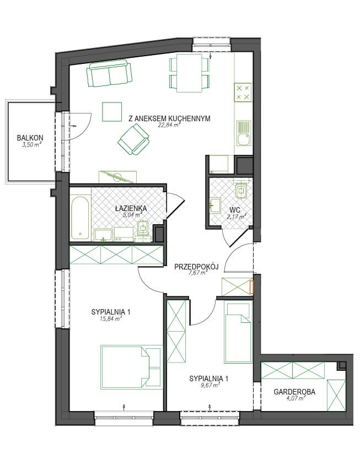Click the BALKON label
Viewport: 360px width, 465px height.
coord(30,138)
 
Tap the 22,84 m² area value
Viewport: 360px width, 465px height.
coord(169,125)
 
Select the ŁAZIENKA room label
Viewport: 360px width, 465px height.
coord(131,208)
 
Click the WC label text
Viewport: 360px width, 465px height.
coord(235,210)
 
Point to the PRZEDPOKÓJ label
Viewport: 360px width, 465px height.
coord(196,267)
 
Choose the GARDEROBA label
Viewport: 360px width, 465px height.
coord(294,392)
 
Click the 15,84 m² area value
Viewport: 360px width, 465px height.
coord(110,319)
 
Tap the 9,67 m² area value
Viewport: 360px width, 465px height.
coord(209,385)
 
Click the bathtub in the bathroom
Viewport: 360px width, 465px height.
coord(80,218)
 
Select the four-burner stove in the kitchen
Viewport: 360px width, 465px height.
coord(243,92)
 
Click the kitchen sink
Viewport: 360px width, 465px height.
coord(243,133)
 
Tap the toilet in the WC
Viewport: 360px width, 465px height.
coord(241,189)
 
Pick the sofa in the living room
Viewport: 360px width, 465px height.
coord(109,73)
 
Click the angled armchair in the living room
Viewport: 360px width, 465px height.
coord(133,139)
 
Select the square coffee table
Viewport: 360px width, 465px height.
coord(112,111)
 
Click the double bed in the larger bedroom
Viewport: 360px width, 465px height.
coord(131,367)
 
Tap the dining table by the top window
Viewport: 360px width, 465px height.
coord(189,73)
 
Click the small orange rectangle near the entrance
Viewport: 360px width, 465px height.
coord(252,287)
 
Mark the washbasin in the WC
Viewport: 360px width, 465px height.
coord(215,205)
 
